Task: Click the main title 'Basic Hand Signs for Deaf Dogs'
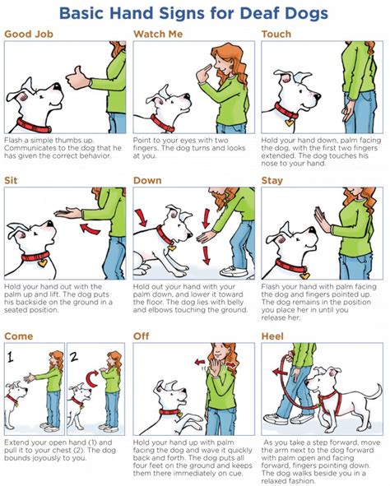(x=195, y=13)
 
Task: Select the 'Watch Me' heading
(x=159, y=35)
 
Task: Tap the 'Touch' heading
(x=276, y=35)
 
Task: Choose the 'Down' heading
(x=150, y=179)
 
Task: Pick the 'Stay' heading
(x=272, y=179)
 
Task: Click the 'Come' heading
(x=19, y=336)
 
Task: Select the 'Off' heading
(x=142, y=336)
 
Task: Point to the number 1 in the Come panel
(x=12, y=356)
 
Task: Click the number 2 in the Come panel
(x=73, y=356)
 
